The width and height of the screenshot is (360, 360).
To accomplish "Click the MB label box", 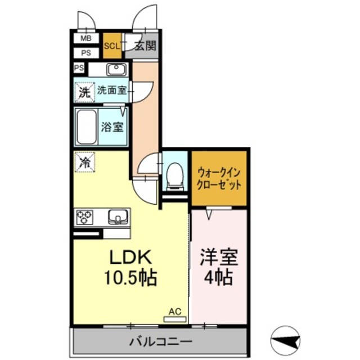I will (x=85, y=39).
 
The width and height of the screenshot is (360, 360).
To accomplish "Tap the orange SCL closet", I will (x=111, y=46).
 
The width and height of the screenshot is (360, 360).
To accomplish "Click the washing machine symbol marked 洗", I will (x=84, y=91).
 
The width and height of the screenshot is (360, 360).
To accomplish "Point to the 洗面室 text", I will (x=111, y=89).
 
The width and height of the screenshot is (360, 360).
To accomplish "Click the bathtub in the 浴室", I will (x=87, y=127).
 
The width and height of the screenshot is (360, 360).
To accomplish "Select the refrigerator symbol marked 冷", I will (x=84, y=163).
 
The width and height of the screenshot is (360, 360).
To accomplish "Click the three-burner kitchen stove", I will (x=85, y=217).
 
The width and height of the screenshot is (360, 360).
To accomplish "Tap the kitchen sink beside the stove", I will (x=117, y=216).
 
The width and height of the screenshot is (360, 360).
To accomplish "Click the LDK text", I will (x=130, y=258).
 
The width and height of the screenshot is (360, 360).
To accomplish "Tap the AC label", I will (x=174, y=310).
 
